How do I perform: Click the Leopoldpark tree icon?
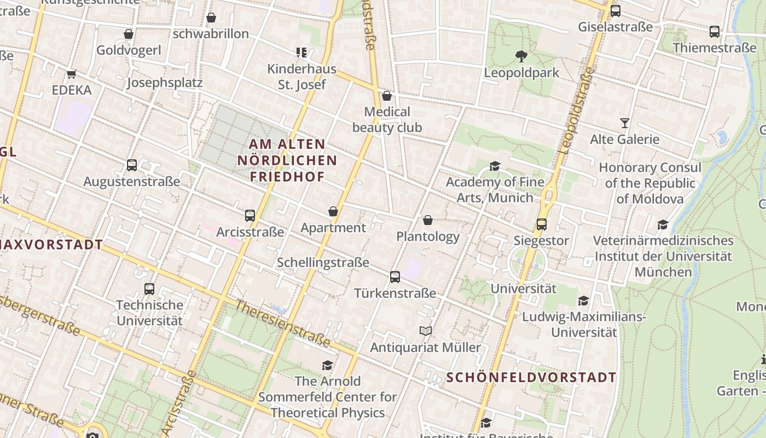click(x=521, y=56)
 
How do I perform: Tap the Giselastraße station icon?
click(x=616, y=10)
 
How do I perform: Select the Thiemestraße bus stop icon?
click(x=715, y=32)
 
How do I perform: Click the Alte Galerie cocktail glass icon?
click(x=624, y=123)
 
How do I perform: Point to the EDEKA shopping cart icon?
click(x=71, y=74)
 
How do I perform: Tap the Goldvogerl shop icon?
click(x=129, y=34)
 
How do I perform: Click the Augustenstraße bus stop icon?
click(x=131, y=165)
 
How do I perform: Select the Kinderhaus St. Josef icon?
click(x=301, y=53)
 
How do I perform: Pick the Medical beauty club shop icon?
click(x=387, y=96)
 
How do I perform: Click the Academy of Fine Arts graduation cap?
click(x=495, y=166)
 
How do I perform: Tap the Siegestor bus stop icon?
click(x=541, y=224)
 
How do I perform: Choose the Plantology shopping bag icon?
click(x=428, y=220)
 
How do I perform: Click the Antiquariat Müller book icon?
click(x=426, y=331)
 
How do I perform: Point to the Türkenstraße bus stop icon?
click(x=395, y=277)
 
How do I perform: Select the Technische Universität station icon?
click(x=149, y=289)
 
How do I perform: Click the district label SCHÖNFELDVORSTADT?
click(x=531, y=377)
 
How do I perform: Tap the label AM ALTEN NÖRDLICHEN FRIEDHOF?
click(x=287, y=160)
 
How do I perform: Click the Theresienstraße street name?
click(x=283, y=323)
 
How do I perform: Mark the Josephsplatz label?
click(x=165, y=83)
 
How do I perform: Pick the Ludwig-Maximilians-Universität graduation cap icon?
click(x=584, y=301)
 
